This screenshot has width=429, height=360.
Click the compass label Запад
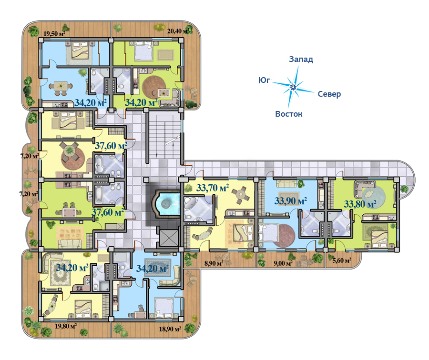click(301, 60)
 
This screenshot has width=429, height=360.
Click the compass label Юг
click(264, 80)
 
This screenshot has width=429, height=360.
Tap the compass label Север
click(329, 94)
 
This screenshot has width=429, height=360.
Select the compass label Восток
click(289, 114)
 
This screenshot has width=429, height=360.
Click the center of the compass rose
click(293, 87)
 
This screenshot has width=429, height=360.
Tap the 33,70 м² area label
click(213, 188)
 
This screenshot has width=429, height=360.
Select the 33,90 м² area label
click(291, 201)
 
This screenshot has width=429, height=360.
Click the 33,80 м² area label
click(360, 204)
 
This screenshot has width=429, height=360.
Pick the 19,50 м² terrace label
click(55, 34)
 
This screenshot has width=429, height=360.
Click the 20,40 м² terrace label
click(178, 31)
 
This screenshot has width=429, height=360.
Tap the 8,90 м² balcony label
click(214, 263)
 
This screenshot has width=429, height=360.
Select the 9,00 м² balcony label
click(283, 263)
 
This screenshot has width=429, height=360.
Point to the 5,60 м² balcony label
click(342, 260)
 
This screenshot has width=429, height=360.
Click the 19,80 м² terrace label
click(66, 326)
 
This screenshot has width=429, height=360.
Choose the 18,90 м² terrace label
click(170, 329)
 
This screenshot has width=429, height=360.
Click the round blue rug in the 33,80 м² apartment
click(374, 196)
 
